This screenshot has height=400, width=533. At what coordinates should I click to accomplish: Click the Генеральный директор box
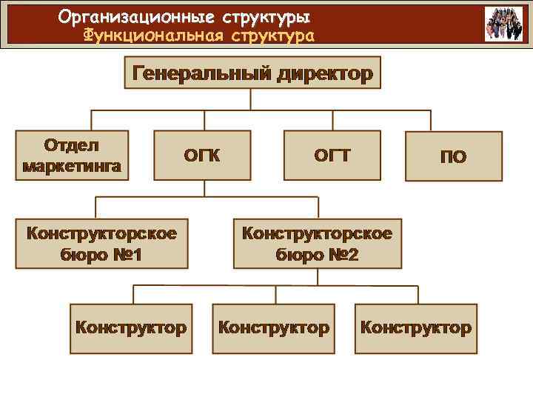[252, 73]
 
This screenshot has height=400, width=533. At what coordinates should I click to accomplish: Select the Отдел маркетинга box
[72, 156]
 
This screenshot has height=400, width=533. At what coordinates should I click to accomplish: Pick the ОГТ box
[332, 156]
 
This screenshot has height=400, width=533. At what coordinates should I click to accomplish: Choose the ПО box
[453, 156]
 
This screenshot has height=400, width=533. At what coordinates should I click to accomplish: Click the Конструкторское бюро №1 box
[102, 244]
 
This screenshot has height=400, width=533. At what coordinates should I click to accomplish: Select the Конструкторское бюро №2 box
[318, 244]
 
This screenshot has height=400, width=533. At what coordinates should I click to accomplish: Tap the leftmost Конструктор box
[131, 327]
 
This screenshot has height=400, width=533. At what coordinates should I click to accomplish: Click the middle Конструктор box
[274, 327]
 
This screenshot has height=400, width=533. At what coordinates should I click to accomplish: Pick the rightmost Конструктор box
[415, 327]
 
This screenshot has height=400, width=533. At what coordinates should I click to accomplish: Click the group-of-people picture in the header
[503, 24]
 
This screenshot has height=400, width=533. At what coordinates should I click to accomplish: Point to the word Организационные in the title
[124, 16]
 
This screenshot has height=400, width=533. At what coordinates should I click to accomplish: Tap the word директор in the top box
[324, 73]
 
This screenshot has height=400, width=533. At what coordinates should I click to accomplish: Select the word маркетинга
[72, 165]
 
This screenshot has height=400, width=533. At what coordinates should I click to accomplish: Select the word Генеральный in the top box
[201, 73]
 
